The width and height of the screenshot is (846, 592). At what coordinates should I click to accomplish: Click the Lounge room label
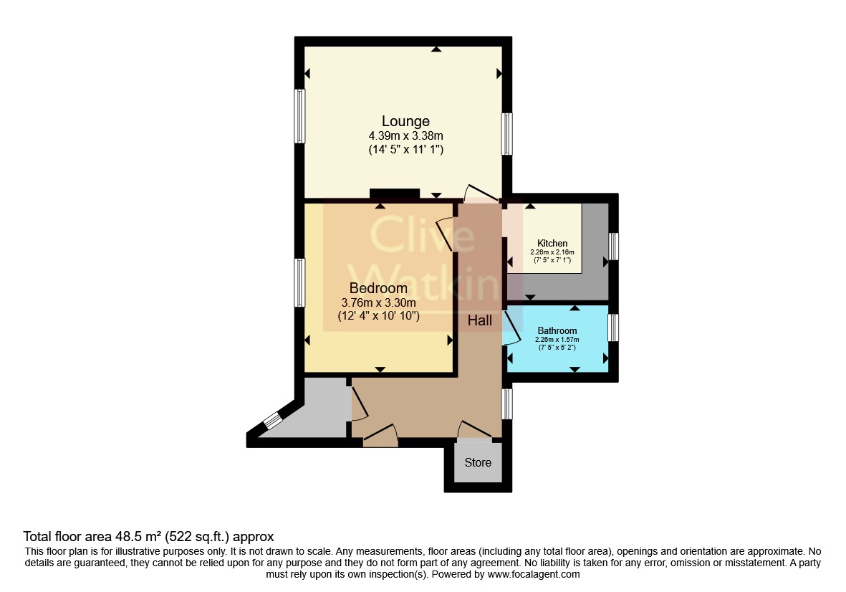click(405, 121)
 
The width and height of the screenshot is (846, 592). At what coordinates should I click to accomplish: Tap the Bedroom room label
click(378, 288)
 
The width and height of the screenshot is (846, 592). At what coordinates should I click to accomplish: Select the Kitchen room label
click(552, 244)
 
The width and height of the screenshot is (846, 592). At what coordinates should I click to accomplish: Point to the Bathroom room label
click(557, 331)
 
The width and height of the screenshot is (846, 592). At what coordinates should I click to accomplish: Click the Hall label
click(480, 320)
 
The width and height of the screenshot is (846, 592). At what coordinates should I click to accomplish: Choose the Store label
click(478, 462)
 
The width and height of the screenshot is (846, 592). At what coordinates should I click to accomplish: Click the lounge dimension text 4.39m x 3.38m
click(405, 136)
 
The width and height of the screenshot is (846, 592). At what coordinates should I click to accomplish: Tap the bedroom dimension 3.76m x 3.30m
click(378, 302)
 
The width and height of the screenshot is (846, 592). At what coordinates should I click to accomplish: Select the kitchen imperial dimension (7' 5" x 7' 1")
click(552, 260)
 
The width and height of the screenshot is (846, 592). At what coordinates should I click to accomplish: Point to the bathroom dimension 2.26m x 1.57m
click(557, 340)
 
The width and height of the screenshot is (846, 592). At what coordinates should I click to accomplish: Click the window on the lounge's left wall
click(299, 116)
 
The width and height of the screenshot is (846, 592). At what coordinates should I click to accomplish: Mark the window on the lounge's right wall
click(506, 134)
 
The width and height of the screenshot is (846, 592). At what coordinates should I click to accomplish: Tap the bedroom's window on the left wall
click(299, 283)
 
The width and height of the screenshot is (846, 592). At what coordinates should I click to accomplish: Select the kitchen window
click(613, 247)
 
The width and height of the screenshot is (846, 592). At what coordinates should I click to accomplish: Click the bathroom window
click(613, 328)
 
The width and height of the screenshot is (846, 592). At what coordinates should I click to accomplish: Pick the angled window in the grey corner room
click(273, 421)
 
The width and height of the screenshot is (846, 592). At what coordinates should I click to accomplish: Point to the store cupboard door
click(475, 430)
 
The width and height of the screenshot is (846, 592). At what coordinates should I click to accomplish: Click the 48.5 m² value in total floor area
click(139, 536)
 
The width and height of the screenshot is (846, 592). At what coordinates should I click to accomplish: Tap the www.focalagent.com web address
click(534, 575)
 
